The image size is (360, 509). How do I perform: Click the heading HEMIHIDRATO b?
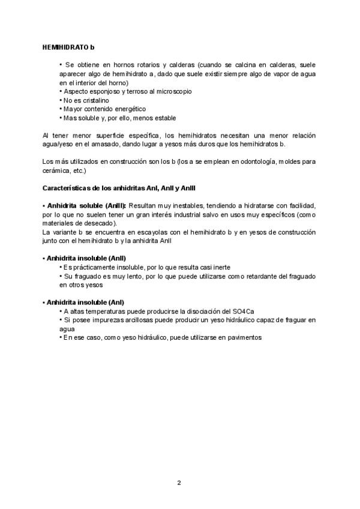pos(69,47)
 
